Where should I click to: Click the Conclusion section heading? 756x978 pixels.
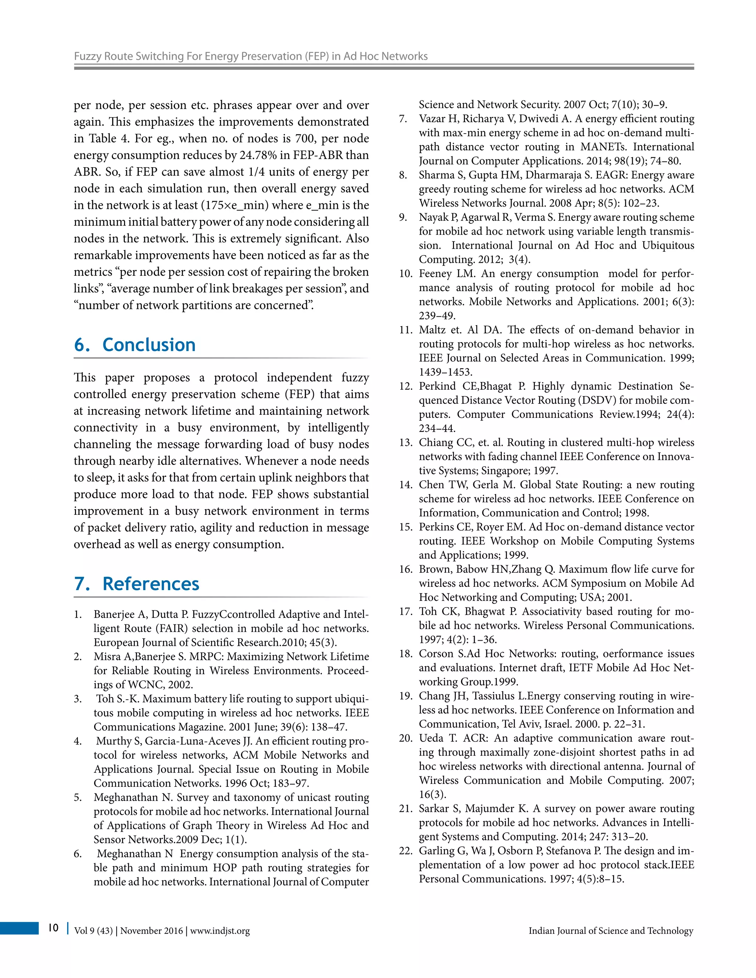(135, 345)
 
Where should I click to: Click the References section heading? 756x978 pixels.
(137, 584)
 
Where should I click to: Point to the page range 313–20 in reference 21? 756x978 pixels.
(630, 837)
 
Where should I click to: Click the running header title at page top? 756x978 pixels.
(250, 56)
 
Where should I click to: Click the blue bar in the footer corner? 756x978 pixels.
(19, 928)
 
